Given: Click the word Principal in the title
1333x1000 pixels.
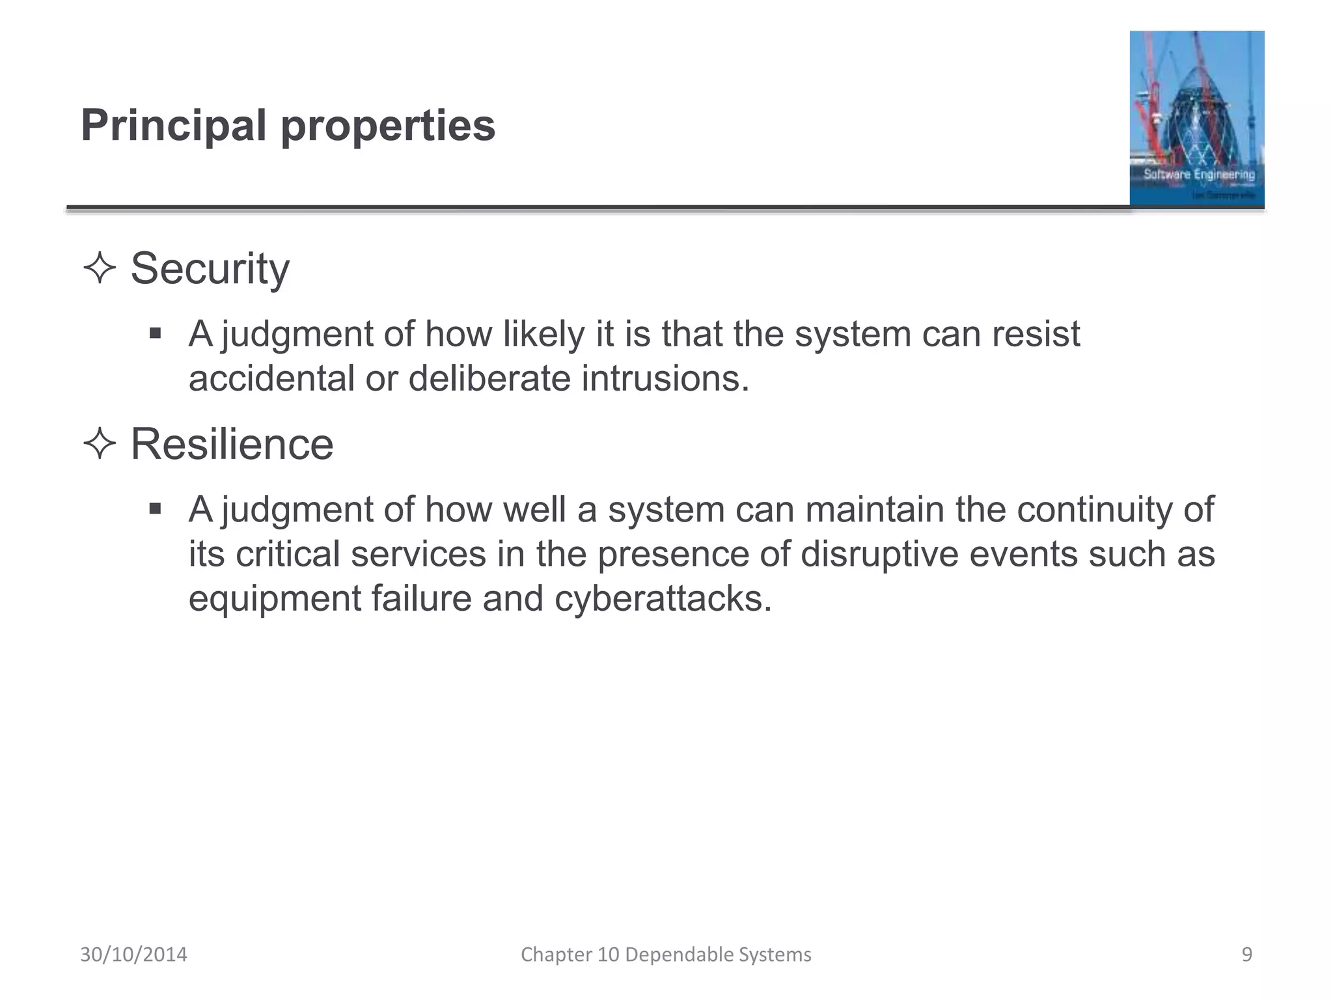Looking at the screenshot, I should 173,126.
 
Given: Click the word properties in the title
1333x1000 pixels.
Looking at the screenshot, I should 388,127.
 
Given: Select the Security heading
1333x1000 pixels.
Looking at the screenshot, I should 210,269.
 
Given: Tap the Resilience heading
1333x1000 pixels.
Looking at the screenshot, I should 232,445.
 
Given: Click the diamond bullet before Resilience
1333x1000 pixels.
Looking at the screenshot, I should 100,445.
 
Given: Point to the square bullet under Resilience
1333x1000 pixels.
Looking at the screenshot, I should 155,508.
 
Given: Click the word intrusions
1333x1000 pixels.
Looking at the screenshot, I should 665,378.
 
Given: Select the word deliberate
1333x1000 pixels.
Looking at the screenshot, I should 489,378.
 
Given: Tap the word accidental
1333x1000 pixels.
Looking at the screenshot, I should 271,378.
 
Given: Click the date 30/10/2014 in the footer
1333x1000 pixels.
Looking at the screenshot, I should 133,954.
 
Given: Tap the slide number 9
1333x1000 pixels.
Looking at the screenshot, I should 1246,954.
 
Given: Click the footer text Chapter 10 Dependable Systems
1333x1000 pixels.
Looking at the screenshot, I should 666,954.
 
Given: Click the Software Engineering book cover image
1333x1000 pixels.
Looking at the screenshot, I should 1196,118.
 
